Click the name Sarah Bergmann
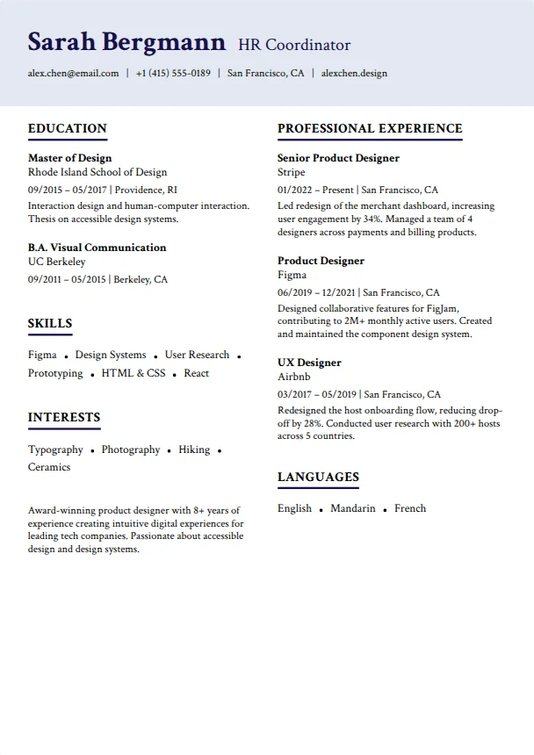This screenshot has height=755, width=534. click(126, 42)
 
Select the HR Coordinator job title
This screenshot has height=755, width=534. click(294, 46)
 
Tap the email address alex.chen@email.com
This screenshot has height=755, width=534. click(73, 73)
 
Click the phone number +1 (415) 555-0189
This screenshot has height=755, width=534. click(173, 73)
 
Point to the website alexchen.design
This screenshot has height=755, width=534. click(354, 73)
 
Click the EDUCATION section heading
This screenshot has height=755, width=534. click(68, 128)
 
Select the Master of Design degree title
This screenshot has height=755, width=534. click(70, 158)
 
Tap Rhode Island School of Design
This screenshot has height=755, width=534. click(97, 172)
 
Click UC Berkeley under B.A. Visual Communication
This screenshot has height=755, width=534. click(57, 262)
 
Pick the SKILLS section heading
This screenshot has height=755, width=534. click(50, 323)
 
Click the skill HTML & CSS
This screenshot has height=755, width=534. click(133, 373)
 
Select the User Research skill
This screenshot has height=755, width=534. click(197, 355)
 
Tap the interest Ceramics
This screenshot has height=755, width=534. click(49, 467)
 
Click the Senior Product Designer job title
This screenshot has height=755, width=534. click(338, 158)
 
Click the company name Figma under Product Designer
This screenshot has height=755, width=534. click(292, 275)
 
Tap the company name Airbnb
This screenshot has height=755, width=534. click(294, 377)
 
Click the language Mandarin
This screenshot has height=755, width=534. click(353, 508)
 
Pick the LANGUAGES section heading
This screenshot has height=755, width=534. click(318, 477)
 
